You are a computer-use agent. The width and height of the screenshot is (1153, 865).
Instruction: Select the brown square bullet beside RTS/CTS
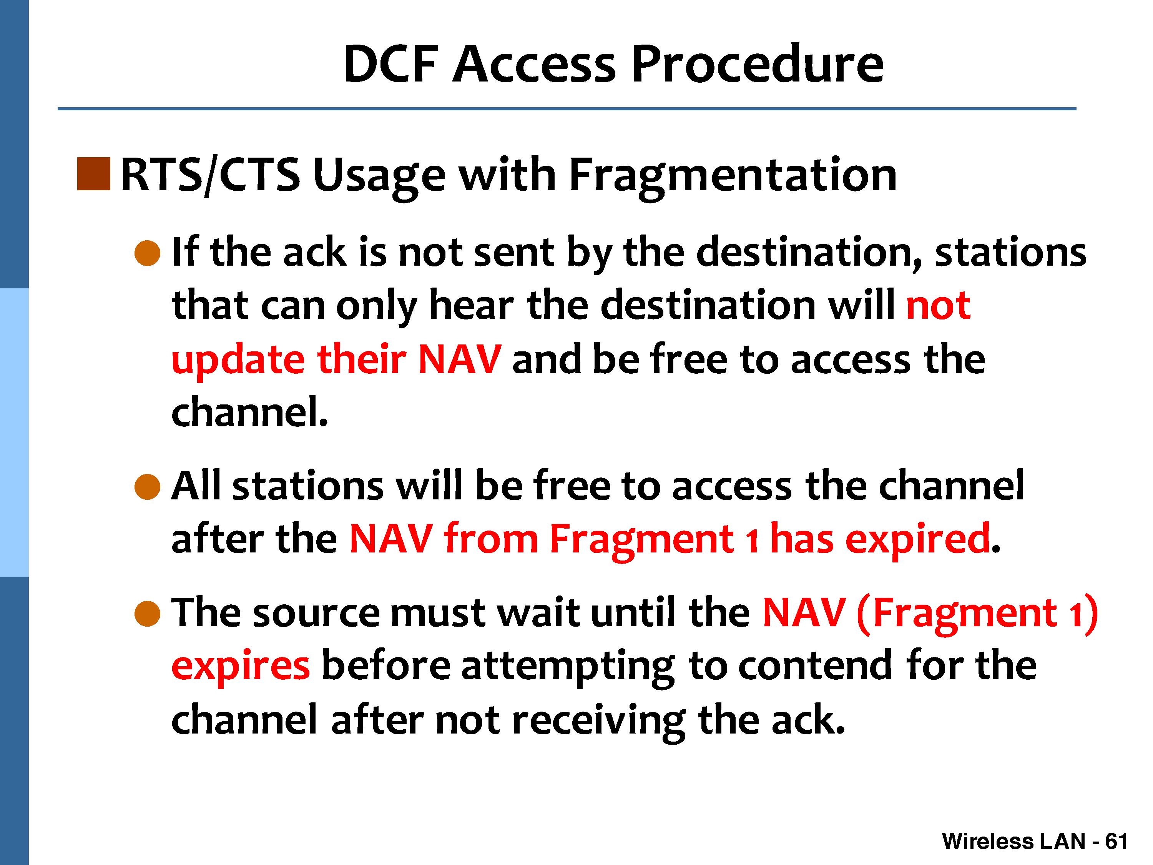click(93, 174)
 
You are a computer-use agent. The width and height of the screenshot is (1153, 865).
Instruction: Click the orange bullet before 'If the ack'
click(148, 253)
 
